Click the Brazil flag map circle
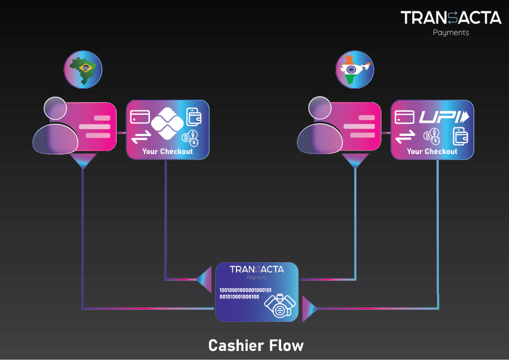83,68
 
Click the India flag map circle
355,68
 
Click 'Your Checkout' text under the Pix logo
167,152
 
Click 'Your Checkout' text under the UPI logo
432,152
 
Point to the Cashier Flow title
256,346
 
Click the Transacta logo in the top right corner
451,18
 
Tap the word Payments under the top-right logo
451,33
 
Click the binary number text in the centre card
244,294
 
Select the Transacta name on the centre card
257,269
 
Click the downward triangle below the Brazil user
83,161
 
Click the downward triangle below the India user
355,161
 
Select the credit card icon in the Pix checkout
140,116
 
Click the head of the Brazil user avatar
56,109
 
